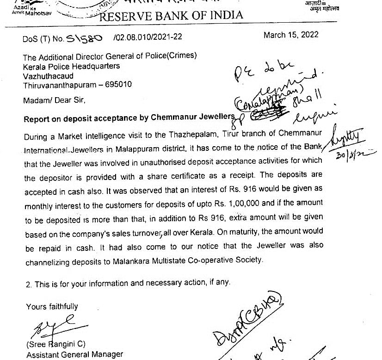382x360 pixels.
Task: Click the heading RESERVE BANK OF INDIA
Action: [171, 15]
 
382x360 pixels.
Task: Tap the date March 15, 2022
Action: [290, 35]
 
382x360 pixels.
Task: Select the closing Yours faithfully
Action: [52, 306]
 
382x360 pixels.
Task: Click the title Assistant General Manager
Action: [74, 354]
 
